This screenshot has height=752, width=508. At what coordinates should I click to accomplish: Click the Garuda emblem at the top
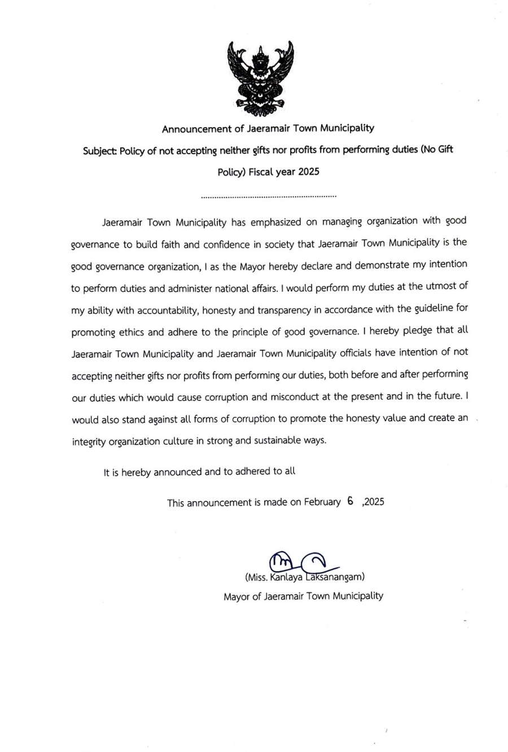(x=260, y=75)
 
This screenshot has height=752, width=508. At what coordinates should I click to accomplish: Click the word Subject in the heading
(x=98, y=151)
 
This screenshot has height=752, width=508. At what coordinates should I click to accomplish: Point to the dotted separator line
(x=268, y=197)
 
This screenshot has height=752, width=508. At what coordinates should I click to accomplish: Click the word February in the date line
(x=322, y=502)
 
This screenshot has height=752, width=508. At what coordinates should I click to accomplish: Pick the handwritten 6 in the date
(x=350, y=501)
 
